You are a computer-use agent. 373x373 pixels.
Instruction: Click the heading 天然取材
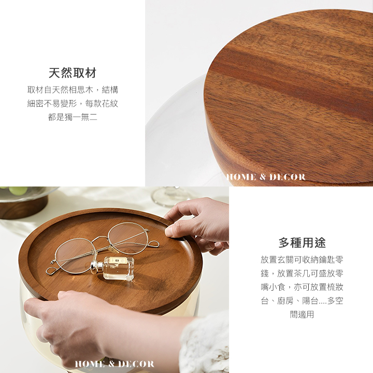[x=73, y=73]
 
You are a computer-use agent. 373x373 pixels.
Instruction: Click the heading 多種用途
[x=302, y=243]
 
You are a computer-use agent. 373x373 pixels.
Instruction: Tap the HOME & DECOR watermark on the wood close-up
[x=266, y=177]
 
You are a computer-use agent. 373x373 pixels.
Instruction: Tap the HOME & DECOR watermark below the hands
[x=114, y=364]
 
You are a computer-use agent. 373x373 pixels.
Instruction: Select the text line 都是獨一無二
[x=73, y=117]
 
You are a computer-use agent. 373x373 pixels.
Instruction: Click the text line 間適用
[x=302, y=314]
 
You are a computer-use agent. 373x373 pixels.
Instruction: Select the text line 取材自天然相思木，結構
[x=73, y=90]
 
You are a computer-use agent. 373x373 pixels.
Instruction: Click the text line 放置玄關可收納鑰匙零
[x=302, y=260]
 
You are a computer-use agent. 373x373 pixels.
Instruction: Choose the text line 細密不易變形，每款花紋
[x=73, y=104]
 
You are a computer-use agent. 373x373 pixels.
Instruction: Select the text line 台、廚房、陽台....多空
[x=302, y=301]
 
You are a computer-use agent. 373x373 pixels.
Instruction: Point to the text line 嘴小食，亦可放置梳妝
[x=302, y=287]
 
